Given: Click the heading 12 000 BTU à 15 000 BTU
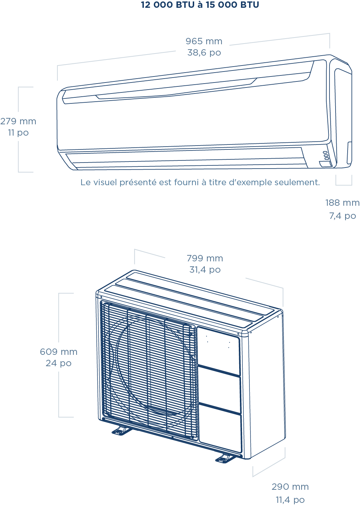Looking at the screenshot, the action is tap(200, 5).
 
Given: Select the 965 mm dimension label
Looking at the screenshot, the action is tap(204, 41).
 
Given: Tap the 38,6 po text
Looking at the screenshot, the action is tap(204, 53).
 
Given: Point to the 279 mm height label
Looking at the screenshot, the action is tap(18, 121).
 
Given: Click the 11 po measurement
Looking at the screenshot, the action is tap(18, 133).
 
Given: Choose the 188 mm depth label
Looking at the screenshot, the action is tap(342, 203).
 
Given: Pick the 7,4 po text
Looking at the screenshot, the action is tap(342, 216).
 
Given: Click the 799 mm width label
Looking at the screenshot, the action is tap(205, 259).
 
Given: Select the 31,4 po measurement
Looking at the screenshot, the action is tap(205, 270).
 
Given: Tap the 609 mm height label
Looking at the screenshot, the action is tap(59, 352).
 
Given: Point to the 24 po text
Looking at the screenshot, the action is tap(59, 363).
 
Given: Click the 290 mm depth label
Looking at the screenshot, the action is tap(290, 487).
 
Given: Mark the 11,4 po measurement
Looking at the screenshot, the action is tap(290, 500).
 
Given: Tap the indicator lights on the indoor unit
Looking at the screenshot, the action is tap(326, 155).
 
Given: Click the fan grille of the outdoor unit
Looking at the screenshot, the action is tap(149, 370).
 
